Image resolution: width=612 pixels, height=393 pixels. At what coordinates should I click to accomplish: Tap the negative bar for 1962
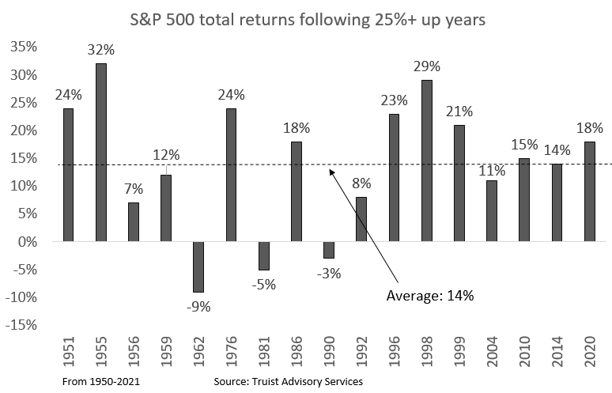[x=198, y=266]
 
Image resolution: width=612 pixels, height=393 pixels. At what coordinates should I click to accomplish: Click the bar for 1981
[x=263, y=255]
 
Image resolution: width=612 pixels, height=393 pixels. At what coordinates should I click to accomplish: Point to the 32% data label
[x=101, y=50]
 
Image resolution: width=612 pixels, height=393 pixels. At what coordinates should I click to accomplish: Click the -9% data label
[x=198, y=307]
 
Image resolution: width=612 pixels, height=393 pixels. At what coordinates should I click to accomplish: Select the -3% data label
[x=328, y=273]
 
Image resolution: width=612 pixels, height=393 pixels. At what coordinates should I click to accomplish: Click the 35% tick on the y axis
[x=24, y=47]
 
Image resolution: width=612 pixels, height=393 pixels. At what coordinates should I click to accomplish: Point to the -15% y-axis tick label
[x=21, y=324]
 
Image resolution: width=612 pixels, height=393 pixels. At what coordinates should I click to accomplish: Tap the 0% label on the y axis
[x=28, y=241]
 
